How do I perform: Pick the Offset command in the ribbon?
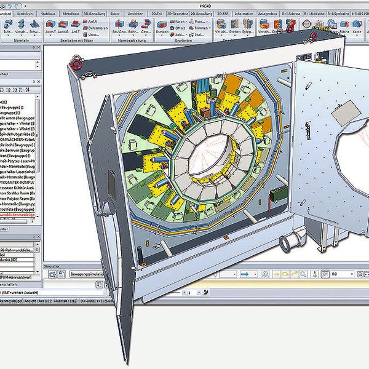180,28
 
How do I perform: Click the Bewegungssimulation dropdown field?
92,274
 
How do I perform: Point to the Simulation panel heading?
54,266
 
